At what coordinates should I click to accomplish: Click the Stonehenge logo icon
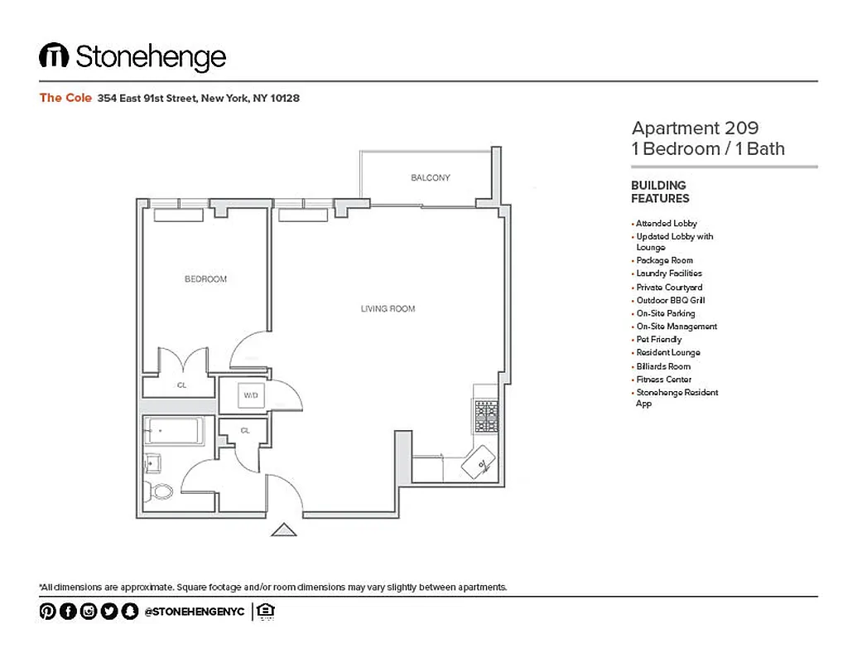point(54,56)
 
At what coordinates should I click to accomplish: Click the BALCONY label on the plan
point(431,177)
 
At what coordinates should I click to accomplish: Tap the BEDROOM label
point(205,279)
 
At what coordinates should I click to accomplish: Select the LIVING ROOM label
point(388,309)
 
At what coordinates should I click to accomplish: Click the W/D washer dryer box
point(251,396)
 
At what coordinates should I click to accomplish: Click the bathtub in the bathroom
point(173,432)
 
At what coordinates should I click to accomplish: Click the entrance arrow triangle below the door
point(284,530)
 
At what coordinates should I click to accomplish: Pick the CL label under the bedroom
point(181,385)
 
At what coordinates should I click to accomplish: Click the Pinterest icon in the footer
point(47,612)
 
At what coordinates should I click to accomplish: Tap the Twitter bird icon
point(109,612)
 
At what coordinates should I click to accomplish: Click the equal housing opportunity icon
point(266,612)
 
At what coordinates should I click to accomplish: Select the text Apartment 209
point(695,128)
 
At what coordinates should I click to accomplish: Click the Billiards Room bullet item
point(662,366)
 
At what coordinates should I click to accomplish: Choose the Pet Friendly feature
point(658,340)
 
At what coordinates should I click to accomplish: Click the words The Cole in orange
point(65,98)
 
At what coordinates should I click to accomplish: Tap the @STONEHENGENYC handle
point(194,612)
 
